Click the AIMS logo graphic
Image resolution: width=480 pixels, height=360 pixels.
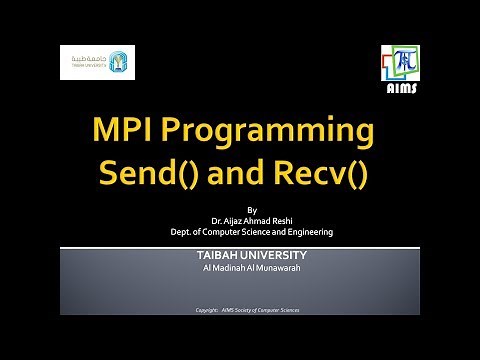point(402,66)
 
